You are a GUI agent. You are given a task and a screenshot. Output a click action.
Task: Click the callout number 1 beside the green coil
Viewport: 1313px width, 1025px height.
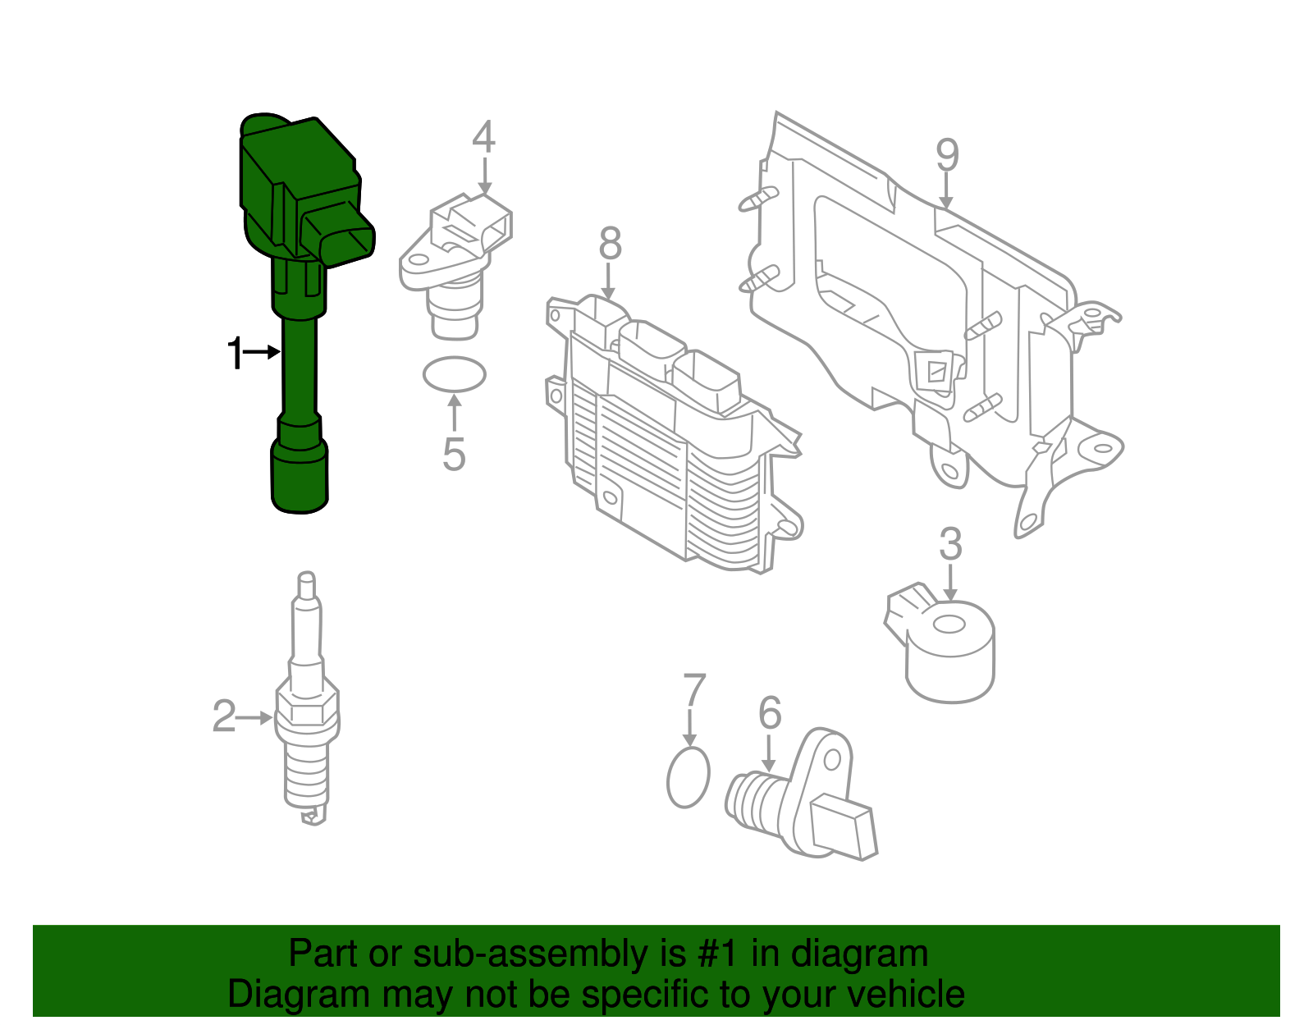pyautogui.click(x=235, y=354)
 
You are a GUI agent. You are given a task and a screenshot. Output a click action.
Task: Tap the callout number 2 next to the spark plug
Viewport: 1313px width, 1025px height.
pyautogui.click(x=224, y=716)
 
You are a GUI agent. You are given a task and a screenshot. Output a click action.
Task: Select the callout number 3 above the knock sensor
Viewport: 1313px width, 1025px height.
pyautogui.click(x=950, y=544)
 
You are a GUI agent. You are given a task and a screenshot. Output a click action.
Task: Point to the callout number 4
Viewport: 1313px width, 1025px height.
pyautogui.click(x=483, y=137)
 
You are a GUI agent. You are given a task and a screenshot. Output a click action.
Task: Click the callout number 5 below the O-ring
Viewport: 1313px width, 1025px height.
pyautogui.click(x=454, y=454)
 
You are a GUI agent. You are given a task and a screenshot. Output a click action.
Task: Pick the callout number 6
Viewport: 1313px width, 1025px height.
pyautogui.click(x=769, y=713)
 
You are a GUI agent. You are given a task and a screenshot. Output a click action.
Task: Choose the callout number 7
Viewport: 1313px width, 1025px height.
pyautogui.click(x=694, y=691)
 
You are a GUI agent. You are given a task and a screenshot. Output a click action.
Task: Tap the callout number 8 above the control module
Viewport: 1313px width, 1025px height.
pyautogui.click(x=610, y=244)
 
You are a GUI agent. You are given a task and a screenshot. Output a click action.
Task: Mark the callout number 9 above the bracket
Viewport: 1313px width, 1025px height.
pyautogui.click(x=947, y=155)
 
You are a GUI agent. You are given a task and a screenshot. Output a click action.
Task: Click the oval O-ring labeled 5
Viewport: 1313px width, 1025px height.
pyautogui.click(x=454, y=375)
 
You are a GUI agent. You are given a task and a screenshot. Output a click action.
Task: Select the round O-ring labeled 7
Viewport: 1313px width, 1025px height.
pyautogui.click(x=688, y=777)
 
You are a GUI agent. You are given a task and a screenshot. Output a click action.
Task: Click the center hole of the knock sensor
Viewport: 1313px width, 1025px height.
pyautogui.click(x=949, y=625)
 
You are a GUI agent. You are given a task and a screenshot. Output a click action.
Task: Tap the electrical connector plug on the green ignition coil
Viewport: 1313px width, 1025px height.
pyautogui.click(x=340, y=236)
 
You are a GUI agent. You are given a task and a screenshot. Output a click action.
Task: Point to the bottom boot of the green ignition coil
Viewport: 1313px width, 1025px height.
pyautogui.click(x=300, y=480)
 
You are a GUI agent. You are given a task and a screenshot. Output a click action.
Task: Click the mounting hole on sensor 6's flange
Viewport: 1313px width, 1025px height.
pyautogui.click(x=832, y=758)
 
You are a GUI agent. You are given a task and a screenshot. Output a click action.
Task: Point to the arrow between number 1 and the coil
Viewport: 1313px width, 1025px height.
pyautogui.click(x=263, y=352)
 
